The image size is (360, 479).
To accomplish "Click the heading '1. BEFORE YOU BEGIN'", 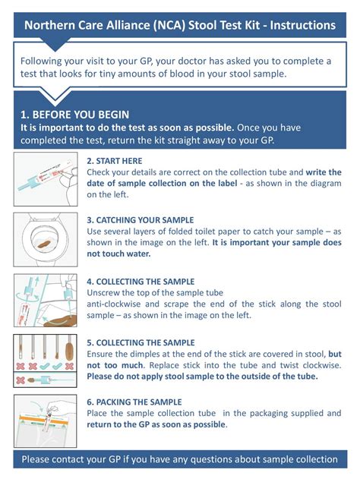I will coord(75,115).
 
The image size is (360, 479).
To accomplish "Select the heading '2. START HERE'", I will coord(114,161).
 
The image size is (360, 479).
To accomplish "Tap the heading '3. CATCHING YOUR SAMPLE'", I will coord(140,220).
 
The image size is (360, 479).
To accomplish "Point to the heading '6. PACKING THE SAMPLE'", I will coord(134,402).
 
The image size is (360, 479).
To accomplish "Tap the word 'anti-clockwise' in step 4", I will coord(117,304).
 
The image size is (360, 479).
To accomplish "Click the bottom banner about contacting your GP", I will coord(180,459).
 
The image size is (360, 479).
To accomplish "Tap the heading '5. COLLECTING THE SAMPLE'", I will coord(141,342).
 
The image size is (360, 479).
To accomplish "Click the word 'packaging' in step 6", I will coord(278,413).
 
